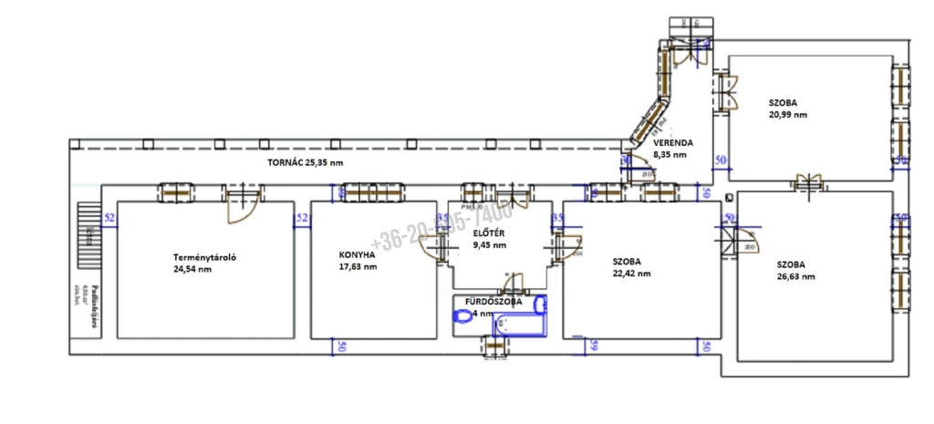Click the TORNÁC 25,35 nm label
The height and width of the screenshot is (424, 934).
click(x=306, y=162)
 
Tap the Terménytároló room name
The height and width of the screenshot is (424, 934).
click(x=205, y=256)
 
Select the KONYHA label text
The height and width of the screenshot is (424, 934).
click(x=357, y=255)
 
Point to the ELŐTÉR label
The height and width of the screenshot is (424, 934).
click(x=490, y=233)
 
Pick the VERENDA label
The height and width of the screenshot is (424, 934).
click(x=673, y=143)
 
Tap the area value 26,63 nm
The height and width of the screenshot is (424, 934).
click(x=795, y=276)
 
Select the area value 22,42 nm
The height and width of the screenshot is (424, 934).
click(x=631, y=273)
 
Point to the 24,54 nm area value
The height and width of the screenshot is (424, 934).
click(x=192, y=269)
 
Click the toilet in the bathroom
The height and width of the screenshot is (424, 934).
click(x=464, y=315)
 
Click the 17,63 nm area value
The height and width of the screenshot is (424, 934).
click(x=358, y=267)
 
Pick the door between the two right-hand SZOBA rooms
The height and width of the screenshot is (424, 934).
click(x=809, y=182)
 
